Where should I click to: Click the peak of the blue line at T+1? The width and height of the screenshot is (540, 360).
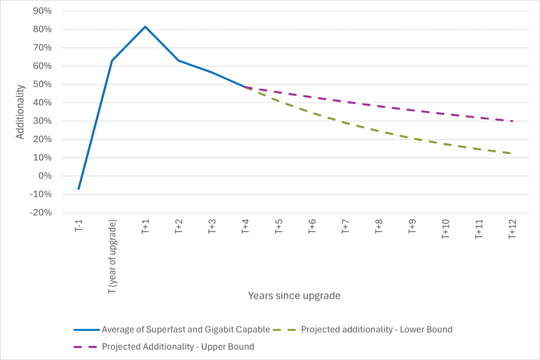click(x=145, y=26)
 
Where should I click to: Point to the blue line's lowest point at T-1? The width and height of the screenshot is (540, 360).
click(x=79, y=189)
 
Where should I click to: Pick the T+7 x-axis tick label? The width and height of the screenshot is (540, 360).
click(x=345, y=227)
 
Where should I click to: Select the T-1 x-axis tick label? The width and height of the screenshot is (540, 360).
click(x=79, y=226)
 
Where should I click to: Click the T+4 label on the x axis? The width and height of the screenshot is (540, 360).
click(x=245, y=227)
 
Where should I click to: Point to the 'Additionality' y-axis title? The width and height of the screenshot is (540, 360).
click(x=20, y=112)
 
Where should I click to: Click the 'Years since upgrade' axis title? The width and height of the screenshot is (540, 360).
click(x=294, y=295)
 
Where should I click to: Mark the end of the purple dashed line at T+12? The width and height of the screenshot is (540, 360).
click(x=512, y=121)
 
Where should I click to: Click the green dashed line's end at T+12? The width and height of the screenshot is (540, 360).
click(x=512, y=154)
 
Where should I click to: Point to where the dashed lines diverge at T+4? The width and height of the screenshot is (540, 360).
click(x=245, y=87)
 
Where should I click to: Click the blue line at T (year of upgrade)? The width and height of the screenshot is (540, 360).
click(x=112, y=60)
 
